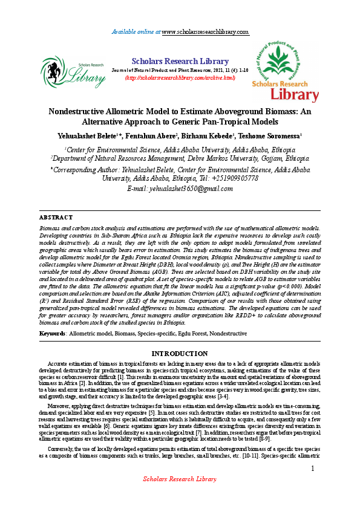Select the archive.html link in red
[180, 78]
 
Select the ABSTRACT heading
[56, 216]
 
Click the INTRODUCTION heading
[180, 353]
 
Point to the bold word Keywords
[53, 333]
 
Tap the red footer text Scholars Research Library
[179, 496]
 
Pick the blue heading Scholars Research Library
[180, 60]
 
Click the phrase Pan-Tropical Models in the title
[246, 122]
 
